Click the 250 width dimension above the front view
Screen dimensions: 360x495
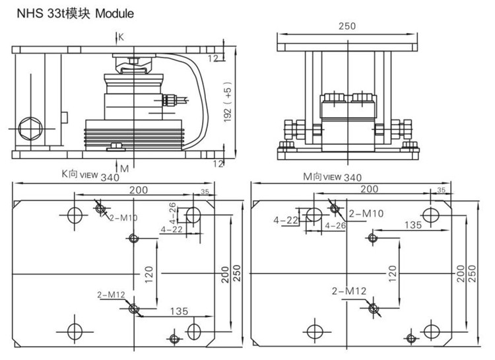pyautogui.click(x=346, y=26)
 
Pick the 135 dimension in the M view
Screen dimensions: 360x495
pyautogui.click(x=412, y=225)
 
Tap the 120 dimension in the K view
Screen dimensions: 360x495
pyautogui.click(x=149, y=272)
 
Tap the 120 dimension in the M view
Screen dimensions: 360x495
pyautogui.click(x=393, y=271)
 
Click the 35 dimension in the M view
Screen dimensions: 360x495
pyautogui.click(x=441, y=190)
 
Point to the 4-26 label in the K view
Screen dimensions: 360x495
pyautogui.click(x=172, y=213)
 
